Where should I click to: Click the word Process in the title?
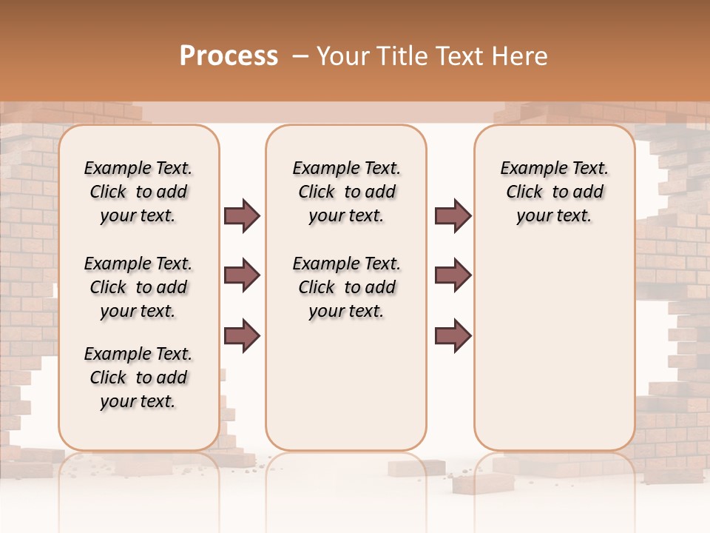point(229,56)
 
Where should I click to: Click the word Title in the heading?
point(402,56)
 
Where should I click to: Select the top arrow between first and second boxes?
point(242,216)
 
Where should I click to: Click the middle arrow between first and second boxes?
point(242,276)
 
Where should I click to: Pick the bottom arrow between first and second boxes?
point(242,335)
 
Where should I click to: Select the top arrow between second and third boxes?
point(453,216)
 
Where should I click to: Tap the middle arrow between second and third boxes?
point(453,276)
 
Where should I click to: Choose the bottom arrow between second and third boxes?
point(453,335)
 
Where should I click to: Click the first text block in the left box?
point(138,192)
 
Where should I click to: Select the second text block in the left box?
point(138,287)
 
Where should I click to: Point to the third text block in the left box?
point(138,378)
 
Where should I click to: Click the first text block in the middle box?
point(346,192)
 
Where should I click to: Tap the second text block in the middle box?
point(346,287)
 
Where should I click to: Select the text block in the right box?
point(554,192)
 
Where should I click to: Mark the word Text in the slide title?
point(461,56)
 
